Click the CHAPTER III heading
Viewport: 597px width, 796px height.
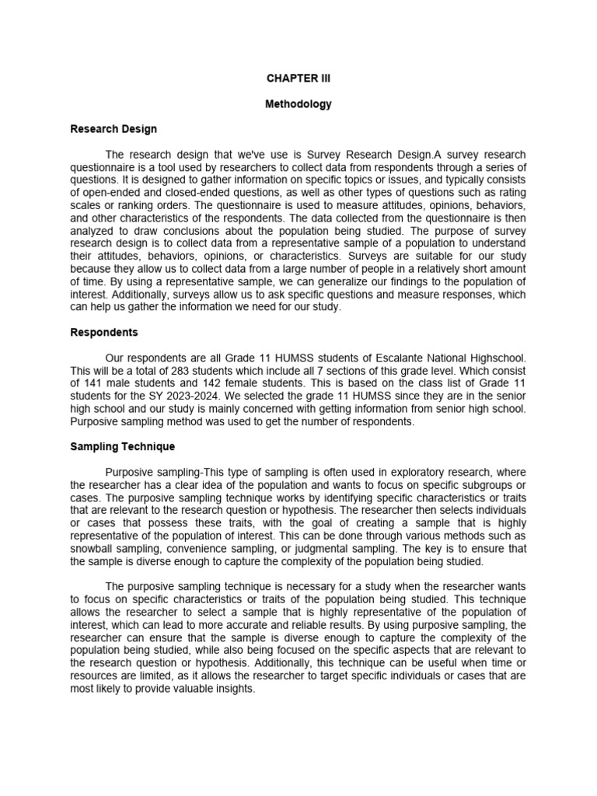298,79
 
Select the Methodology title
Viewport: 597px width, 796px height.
298,104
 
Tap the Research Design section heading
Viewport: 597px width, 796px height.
113,129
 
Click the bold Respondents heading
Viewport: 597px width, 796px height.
104,332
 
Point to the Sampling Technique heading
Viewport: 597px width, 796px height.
123,447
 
